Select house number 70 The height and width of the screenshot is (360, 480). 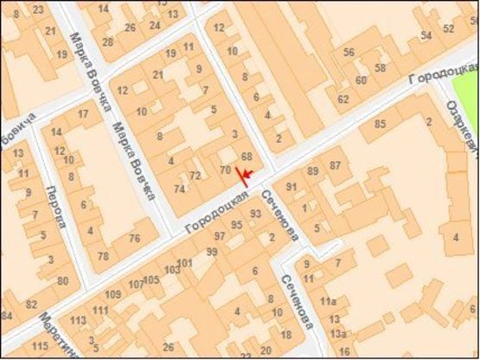(x=226, y=170)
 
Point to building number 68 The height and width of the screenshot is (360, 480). (x=247, y=157)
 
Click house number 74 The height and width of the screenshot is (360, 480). (x=180, y=189)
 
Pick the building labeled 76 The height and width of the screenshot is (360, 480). (x=134, y=238)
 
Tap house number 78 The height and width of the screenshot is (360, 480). (x=104, y=256)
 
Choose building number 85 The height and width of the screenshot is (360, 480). (x=378, y=124)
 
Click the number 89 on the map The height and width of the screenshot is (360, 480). (x=313, y=171)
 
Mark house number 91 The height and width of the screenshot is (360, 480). (x=291, y=187)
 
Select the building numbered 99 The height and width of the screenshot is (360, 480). (x=212, y=251)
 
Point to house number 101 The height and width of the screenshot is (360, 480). (x=184, y=263)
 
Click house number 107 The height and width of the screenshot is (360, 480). (x=136, y=285)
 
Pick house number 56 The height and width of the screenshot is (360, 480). (x=349, y=53)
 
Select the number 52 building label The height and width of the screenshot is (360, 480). (x=426, y=36)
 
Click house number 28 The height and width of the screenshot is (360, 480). (x=107, y=42)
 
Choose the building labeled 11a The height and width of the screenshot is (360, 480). (x=328, y=301)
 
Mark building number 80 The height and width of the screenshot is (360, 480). (x=62, y=281)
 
